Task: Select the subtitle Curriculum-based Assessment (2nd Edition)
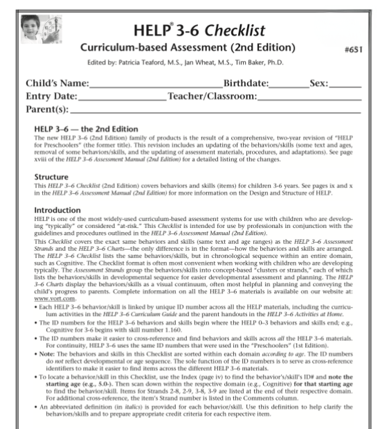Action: coord(188,49)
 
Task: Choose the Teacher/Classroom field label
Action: coord(212,96)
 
